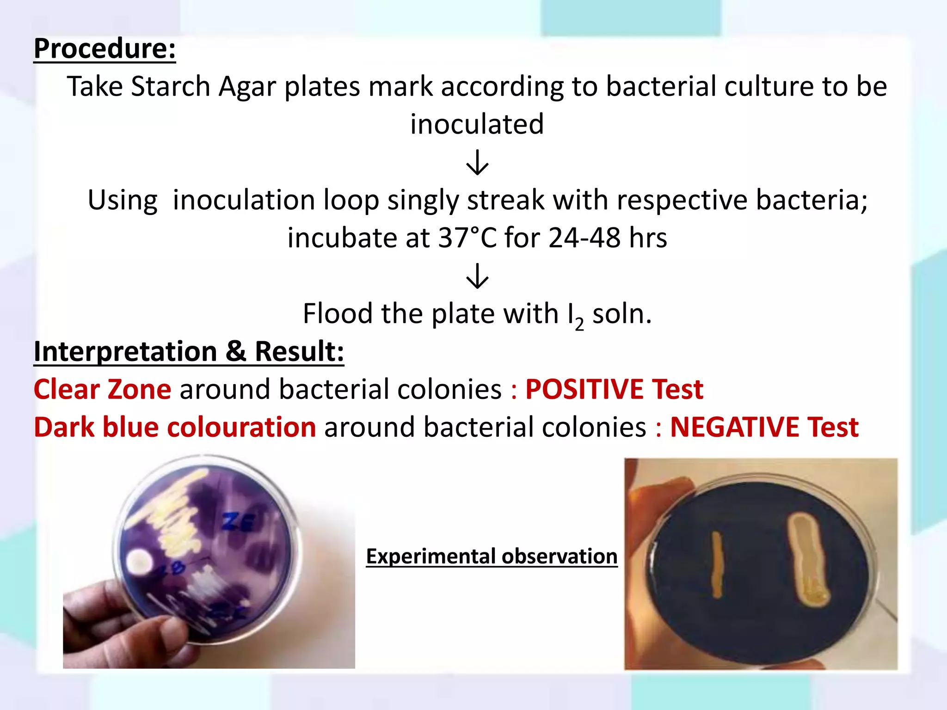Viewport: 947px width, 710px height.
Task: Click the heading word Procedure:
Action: click(105, 49)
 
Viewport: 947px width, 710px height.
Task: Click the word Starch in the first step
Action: click(171, 86)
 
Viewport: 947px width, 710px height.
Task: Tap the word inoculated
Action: click(477, 124)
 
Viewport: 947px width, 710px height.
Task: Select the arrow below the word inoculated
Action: click(477, 162)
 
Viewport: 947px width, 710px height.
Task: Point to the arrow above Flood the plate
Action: click(477, 276)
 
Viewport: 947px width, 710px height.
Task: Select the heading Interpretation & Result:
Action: click(189, 351)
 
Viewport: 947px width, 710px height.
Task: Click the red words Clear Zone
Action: click(102, 389)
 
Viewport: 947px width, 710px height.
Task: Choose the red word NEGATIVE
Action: click(734, 427)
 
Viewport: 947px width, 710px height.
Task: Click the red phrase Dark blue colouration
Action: click(175, 427)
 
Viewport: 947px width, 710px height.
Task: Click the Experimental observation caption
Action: click(492, 556)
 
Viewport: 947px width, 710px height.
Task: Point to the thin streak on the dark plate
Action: click(717, 564)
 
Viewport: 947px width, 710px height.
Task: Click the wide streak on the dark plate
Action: click(809, 559)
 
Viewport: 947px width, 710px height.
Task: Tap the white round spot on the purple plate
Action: click(139, 562)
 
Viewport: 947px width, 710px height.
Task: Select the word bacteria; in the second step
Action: click(812, 201)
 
